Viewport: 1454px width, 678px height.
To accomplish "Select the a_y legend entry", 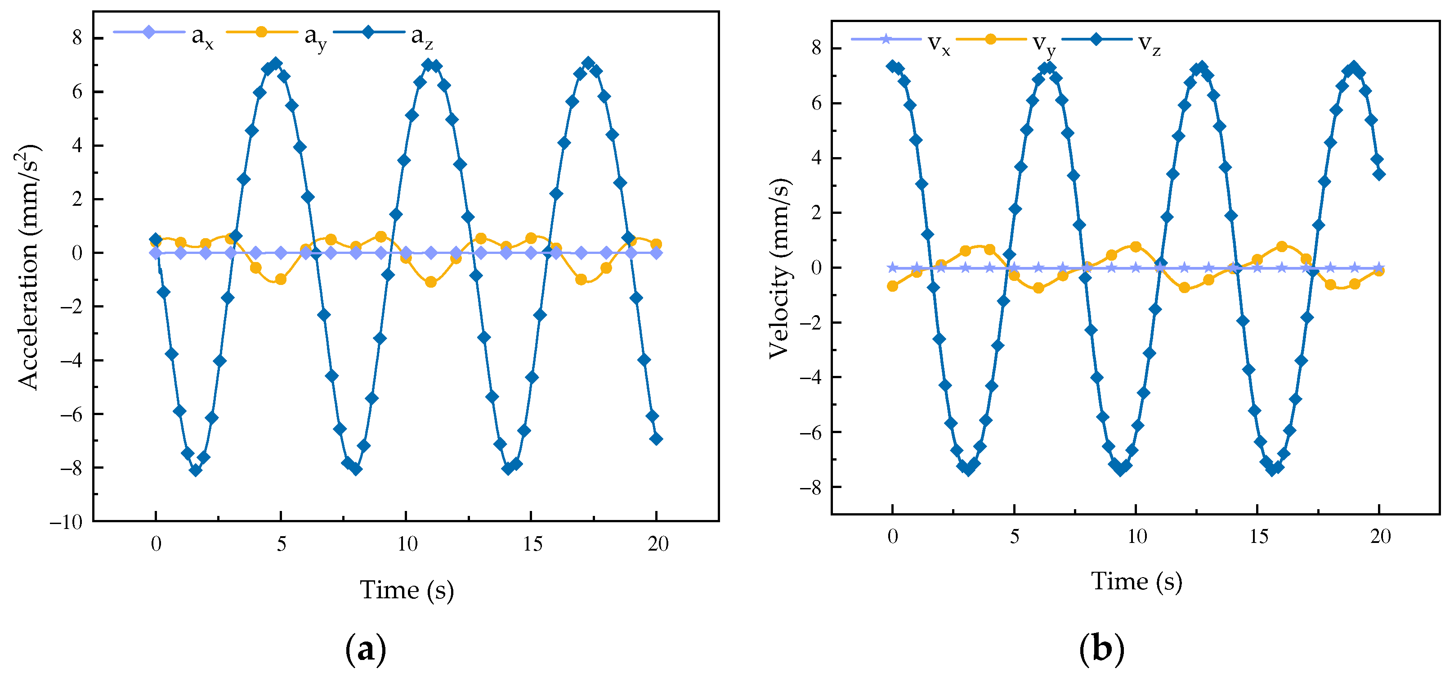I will click(277, 34).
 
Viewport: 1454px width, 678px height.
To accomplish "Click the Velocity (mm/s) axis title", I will click(779, 268).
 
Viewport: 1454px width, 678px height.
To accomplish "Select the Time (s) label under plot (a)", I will click(407, 590).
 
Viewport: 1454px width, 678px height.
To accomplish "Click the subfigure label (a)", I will click(366, 650).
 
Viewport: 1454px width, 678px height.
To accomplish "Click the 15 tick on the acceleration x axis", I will click(532, 544).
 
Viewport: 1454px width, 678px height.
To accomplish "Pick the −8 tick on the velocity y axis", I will click(810, 487).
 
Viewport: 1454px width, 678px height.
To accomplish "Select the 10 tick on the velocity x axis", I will click(1136, 537).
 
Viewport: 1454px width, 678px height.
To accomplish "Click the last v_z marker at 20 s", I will click(1379, 175).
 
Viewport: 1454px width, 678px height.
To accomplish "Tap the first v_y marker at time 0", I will click(892, 286).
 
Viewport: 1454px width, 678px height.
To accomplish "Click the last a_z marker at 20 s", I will click(656, 439).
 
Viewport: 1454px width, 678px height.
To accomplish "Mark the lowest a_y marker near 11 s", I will click(431, 282).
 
